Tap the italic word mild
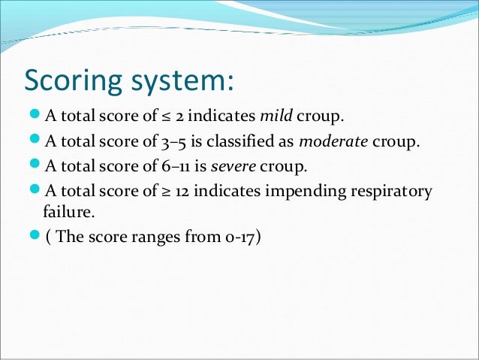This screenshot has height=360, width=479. tap(275, 117)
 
